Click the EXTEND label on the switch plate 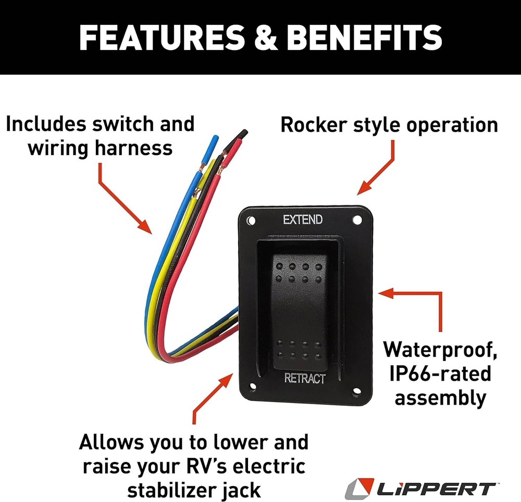coord(303,220)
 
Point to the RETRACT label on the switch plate coord(305,378)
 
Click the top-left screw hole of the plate coord(251,221)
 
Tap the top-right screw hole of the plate coord(357,220)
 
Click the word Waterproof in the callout coord(439,349)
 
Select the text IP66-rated coord(440,374)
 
